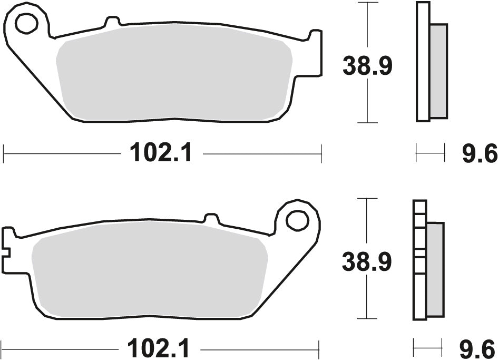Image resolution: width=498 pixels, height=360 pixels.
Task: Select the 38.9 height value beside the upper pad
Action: (367, 67)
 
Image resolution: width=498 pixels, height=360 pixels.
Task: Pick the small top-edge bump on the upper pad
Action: (112, 22)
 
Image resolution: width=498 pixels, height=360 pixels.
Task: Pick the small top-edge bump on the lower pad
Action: (211, 218)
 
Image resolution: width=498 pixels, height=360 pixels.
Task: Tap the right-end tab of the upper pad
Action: (315, 53)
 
